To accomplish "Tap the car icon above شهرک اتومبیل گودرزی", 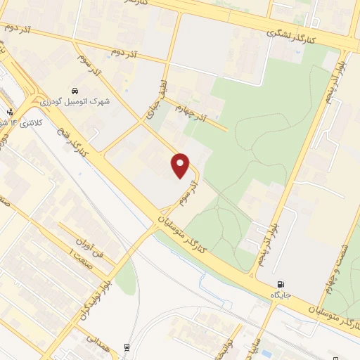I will [x=74, y=91].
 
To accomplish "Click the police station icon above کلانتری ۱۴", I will [x=9, y=111].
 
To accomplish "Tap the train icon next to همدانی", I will [x=127, y=347].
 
